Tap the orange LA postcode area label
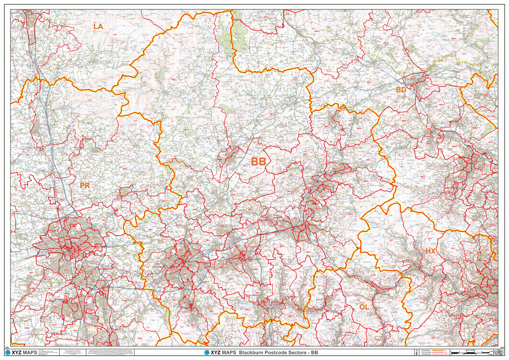pos(98,26)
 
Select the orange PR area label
pos(85,185)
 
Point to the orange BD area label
pos(401,90)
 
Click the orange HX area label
pos(430,252)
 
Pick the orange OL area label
pos(364,307)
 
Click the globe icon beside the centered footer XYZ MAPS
pos(207,353)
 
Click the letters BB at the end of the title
pos(314,353)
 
